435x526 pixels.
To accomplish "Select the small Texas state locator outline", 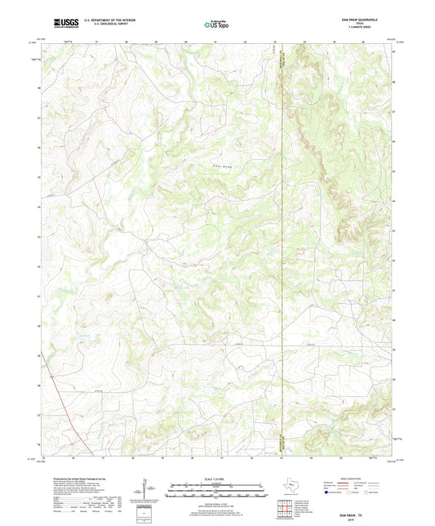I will (288, 488).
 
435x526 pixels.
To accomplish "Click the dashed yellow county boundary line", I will (282, 245).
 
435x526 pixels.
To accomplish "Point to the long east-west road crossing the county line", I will (245, 344).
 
